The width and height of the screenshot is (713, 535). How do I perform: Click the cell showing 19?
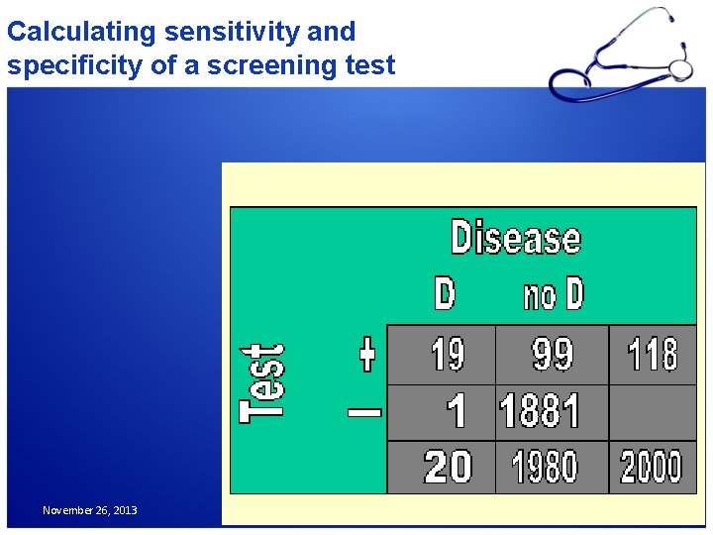point(447,354)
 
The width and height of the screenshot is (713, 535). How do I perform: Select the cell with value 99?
point(552,354)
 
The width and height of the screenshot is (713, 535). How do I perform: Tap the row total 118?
point(653,354)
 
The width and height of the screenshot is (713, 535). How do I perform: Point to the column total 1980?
point(552,467)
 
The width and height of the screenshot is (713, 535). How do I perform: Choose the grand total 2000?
point(652,467)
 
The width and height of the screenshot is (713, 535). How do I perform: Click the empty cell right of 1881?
point(653,411)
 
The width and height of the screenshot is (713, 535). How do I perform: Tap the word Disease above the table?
point(515,239)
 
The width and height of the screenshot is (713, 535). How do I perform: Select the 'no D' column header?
point(553,294)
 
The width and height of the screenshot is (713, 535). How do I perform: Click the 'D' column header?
point(446,294)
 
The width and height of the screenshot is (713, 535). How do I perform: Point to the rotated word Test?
point(263,383)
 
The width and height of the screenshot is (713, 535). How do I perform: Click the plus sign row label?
point(366,354)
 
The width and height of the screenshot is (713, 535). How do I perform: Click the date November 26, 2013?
point(90,510)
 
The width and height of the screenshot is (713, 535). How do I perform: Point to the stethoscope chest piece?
point(680,68)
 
